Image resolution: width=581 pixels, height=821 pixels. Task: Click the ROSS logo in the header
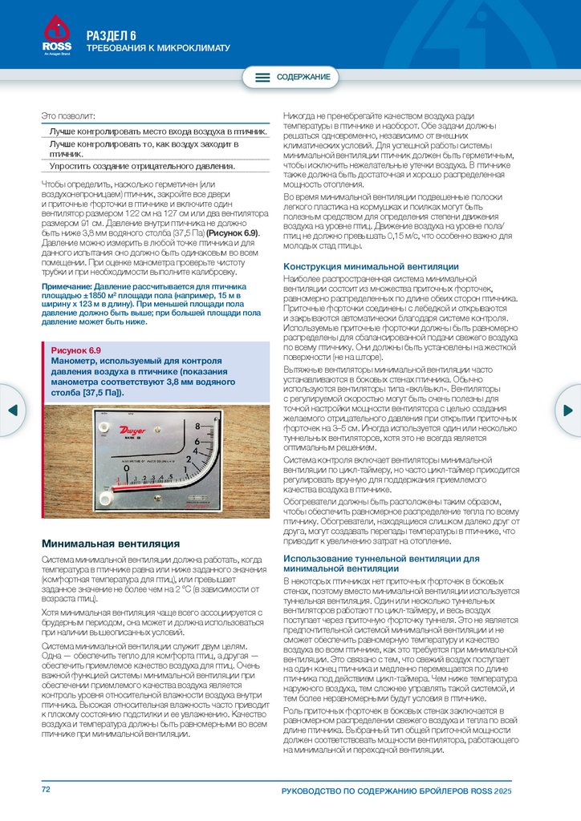pos(56,36)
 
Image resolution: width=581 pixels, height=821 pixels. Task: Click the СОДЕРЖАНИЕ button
pos(292,77)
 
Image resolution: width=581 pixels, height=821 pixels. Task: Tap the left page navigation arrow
pos(12,410)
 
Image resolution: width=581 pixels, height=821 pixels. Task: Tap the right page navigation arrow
pos(569,410)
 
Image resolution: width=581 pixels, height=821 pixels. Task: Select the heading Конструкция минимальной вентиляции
pos(372,266)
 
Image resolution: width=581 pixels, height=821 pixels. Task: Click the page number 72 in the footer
pos(47,790)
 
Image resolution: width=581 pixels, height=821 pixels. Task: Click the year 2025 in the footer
pos(502,791)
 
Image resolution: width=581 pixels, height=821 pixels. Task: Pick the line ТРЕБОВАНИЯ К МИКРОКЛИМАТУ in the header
pos(158,49)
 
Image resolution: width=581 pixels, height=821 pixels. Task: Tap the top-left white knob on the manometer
pos(103,415)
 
